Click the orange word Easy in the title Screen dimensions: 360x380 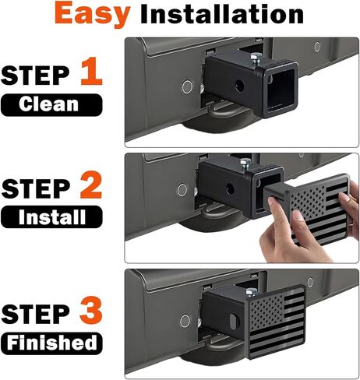pos(92,14)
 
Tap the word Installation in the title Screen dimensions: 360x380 pos(222,14)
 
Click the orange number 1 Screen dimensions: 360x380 pos(91,71)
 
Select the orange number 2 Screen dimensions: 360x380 pos(91,185)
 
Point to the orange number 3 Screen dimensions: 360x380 pos(91,311)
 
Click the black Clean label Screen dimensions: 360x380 pos(51,104)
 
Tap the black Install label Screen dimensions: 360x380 pos(51,216)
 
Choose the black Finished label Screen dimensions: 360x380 pos(51,343)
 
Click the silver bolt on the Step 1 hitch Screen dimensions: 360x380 pos(256,59)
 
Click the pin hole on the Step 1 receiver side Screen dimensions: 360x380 pos(239,86)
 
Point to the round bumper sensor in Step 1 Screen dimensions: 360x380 pos(187,86)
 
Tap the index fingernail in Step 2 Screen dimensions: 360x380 pos(271,201)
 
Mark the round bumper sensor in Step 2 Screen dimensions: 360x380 pos(182,190)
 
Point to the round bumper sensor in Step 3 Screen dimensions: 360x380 pos(185,321)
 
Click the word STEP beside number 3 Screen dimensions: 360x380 pos(36,314)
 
